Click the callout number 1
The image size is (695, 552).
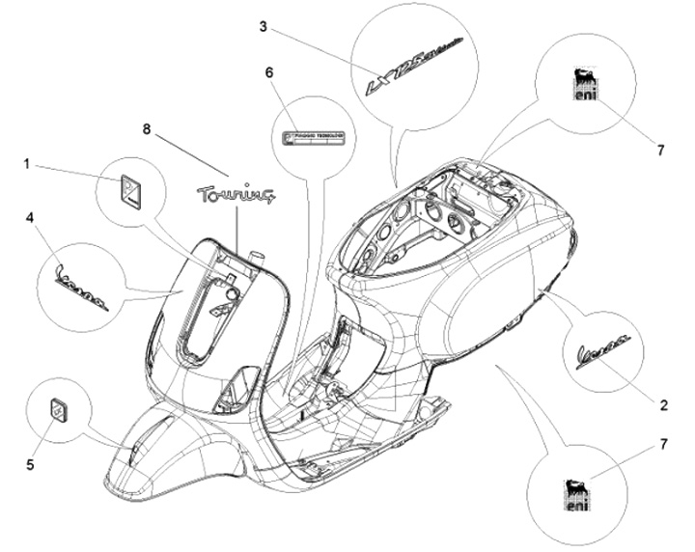tap(28, 165)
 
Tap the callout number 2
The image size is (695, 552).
tap(664, 405)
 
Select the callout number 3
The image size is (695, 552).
tap(264, 26)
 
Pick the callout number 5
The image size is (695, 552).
tap(31, 464)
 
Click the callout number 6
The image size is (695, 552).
tap(269, 73)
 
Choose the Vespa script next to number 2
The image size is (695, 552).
tap(604, 349)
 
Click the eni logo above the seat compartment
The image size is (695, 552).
tap(581, 88)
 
